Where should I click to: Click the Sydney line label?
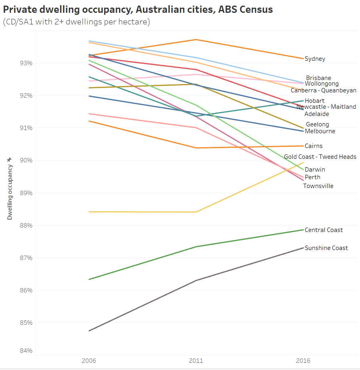315,59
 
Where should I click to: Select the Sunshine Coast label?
326,248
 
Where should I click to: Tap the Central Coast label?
324,230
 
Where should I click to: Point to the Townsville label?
318,186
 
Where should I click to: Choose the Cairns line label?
313,146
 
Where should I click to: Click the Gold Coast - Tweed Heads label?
320,157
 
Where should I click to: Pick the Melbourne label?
320,131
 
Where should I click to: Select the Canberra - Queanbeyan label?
323,90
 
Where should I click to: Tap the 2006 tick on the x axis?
88,361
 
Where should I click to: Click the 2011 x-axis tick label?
196,361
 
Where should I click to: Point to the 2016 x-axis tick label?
303,361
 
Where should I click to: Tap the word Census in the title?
255,10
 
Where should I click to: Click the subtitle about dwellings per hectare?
76,22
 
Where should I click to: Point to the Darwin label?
315,170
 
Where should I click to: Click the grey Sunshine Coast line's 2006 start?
89,331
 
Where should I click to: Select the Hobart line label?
314,101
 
